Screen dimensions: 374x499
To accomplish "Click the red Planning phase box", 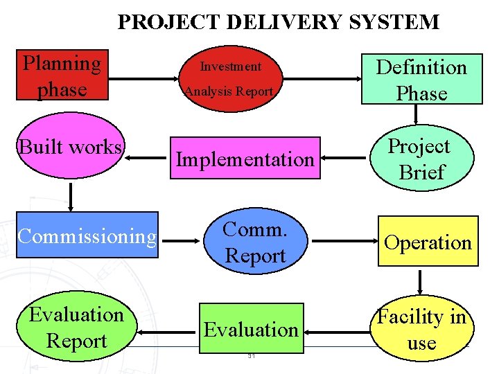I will point(62,75).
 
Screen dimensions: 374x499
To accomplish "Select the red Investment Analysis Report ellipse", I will point(229,78).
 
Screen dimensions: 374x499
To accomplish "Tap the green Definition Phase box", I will point(421,79).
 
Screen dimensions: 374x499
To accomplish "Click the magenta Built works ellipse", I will point(71,148).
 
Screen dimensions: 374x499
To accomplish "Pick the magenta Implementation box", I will point(245,159).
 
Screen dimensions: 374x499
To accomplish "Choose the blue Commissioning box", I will point(87,237).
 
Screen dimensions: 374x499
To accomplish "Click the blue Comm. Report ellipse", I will point(255,243).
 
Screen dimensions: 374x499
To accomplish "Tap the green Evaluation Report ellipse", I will point(76,328).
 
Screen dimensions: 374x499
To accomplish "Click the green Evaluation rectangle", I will point(251,328).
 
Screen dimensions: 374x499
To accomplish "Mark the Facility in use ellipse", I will point(421,330).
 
